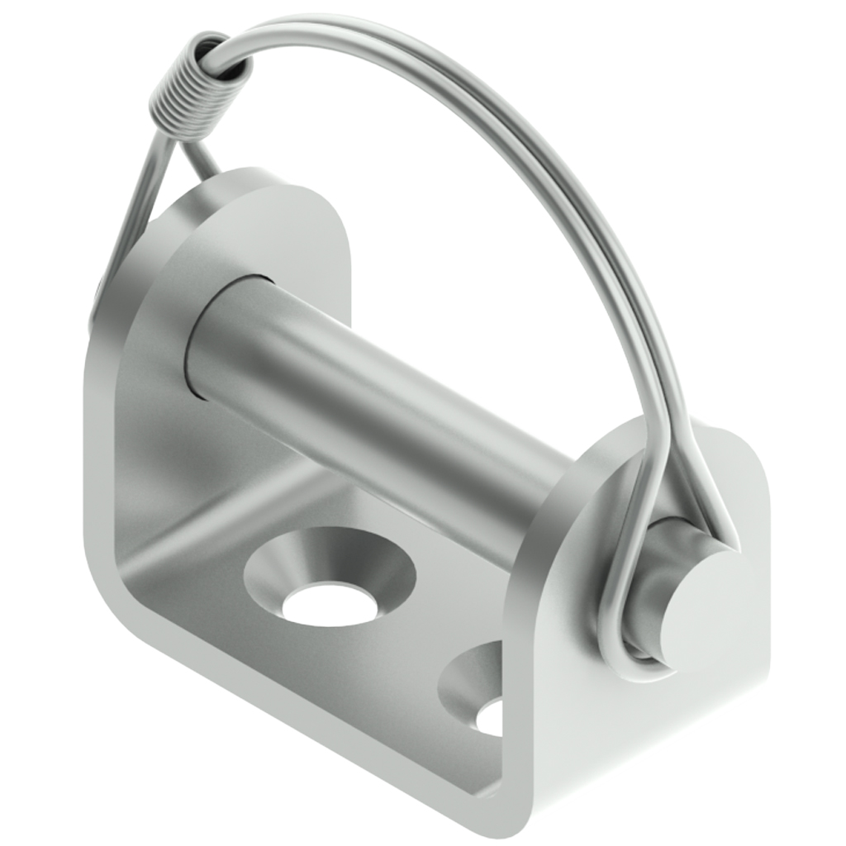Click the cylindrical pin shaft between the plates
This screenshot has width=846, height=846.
click(x=372, y=397)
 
